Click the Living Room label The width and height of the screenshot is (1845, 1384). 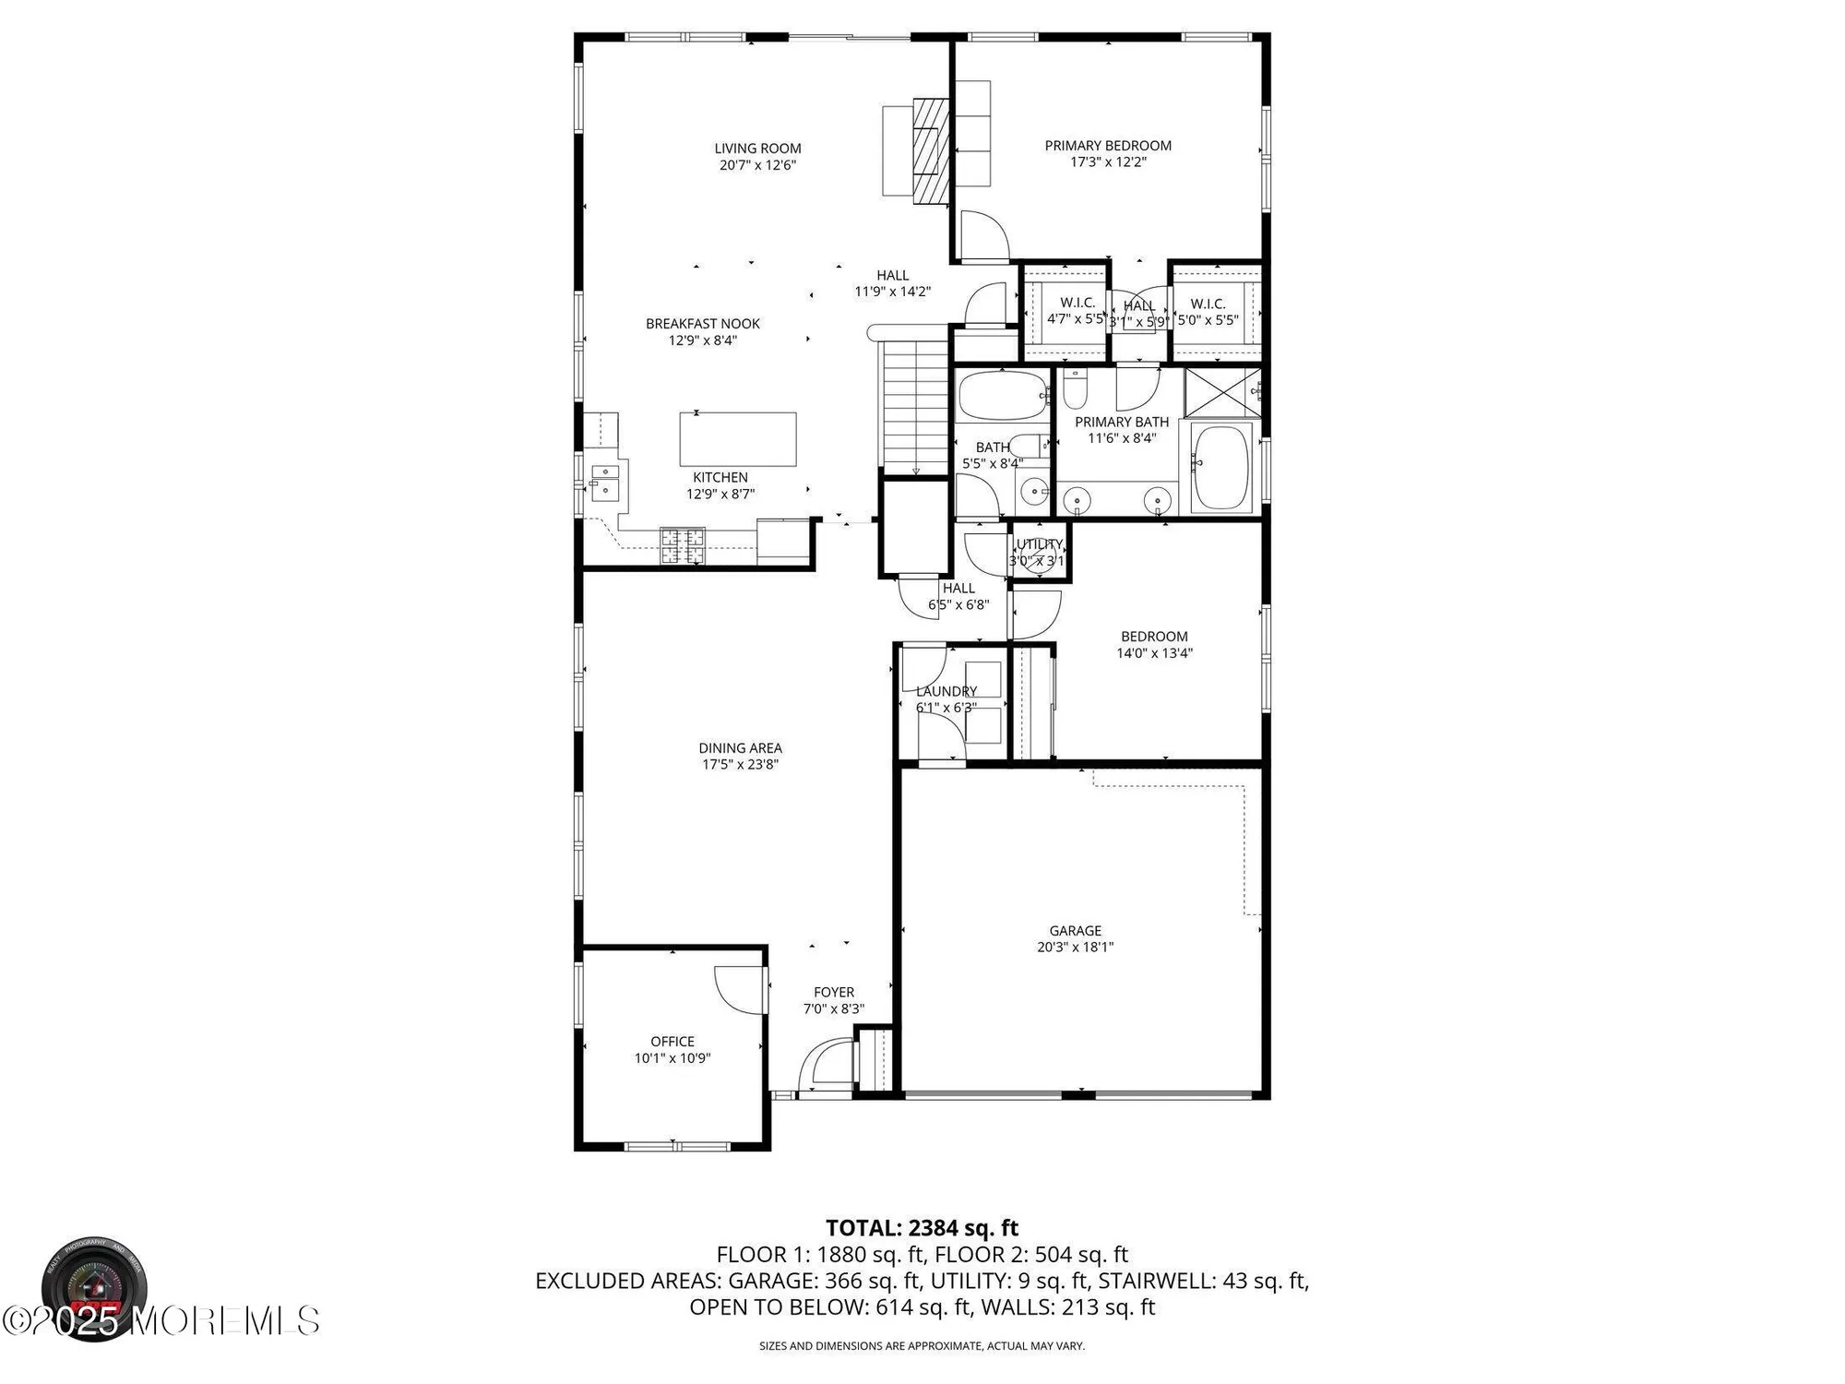tap(757, 149)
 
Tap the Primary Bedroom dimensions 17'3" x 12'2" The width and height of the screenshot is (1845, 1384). tap(1108, 162)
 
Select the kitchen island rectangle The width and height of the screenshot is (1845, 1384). tap(738, 439)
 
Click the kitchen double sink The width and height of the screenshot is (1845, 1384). tap(605, 483)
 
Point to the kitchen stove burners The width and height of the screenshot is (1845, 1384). tap(683, 545)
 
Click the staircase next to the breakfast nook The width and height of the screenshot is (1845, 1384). tap(913, 406)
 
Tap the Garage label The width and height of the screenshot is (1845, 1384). tap(1075, 931)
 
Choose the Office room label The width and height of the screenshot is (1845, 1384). tap(672, 1042)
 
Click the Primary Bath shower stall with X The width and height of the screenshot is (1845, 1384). tap(1222, 391)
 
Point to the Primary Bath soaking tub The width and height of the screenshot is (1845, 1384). tap(1220, 468)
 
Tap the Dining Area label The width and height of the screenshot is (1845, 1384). tap(740, 748)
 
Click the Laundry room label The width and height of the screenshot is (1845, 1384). tap(946, 691)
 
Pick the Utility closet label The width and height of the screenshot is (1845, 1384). tap(1039, 544)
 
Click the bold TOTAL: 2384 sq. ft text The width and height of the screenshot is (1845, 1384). tap(922, 1228)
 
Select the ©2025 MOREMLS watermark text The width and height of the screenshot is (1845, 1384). tap(161, 1321)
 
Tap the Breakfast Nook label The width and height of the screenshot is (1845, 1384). tap(703, 324)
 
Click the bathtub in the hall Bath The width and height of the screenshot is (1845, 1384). tap(1001, 396)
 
